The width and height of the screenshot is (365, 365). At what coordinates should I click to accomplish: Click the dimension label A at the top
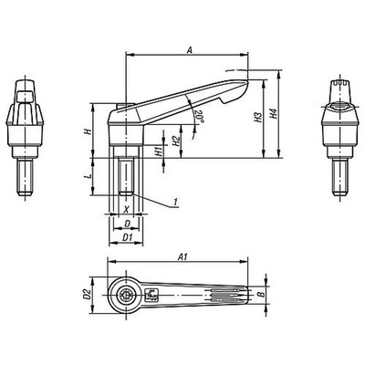pos(190,50)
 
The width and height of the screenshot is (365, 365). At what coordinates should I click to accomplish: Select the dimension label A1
pos(182,257)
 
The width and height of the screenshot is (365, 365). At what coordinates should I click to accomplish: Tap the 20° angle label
pos(199,117)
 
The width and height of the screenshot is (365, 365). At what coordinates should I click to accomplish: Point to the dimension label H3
pos(258,118)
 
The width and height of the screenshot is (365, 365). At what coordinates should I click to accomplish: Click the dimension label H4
pos(274,113)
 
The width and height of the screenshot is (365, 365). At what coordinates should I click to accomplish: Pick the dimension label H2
pos(176,141)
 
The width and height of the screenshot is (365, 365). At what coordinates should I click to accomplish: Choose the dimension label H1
pos(159,151)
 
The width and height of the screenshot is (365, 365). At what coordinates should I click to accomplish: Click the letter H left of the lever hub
pos(88,131)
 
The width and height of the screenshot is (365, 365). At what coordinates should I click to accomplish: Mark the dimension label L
pos(88,176)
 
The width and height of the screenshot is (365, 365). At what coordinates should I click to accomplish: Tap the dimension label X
pos(127,209)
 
